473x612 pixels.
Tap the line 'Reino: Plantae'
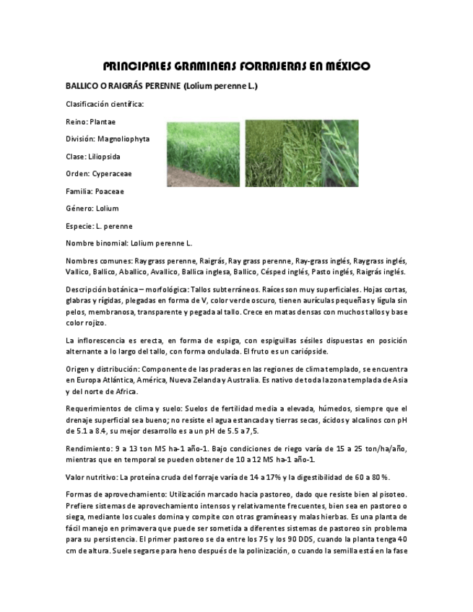point(90,121)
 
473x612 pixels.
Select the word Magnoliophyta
point(123,139)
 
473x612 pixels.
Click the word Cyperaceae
point(111,174)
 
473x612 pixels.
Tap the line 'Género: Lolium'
point(92,209)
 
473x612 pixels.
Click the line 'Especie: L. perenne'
point(99,226)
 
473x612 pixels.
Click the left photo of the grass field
point(203,154)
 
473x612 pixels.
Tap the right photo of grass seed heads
point(302,154)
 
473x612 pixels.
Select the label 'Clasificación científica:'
point(105,104)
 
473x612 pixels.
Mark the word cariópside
point(308,351)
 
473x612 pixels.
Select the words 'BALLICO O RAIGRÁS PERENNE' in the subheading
point(123,87)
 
